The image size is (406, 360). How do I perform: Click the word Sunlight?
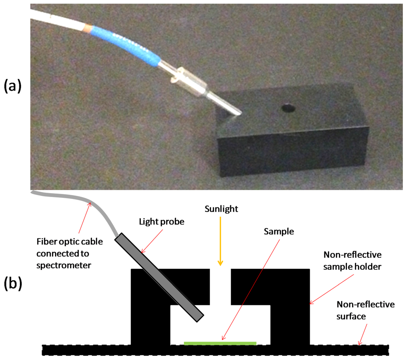(x=221, y=209)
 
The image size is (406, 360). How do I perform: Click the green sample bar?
(x=220, y=343)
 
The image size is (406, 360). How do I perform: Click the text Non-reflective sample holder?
(x=353, y=261)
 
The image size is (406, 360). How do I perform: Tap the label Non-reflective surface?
(x=366, y=310)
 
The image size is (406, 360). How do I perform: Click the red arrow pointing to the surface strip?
(x=363, y=333)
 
